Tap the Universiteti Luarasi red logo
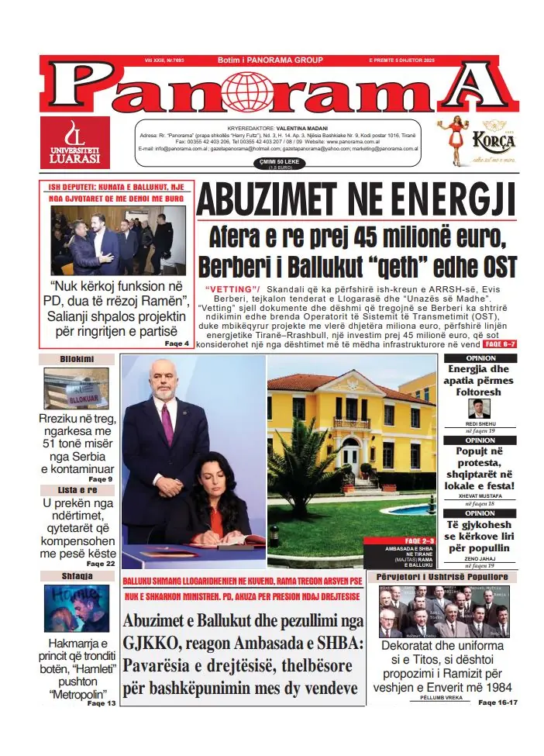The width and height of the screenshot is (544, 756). coord(75,143)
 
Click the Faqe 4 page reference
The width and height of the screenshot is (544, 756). coord(176,343)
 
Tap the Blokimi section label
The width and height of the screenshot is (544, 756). coord(77,359)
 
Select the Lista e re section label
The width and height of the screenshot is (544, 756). coord(77,490)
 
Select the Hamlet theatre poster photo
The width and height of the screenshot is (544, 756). coord(77,609)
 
